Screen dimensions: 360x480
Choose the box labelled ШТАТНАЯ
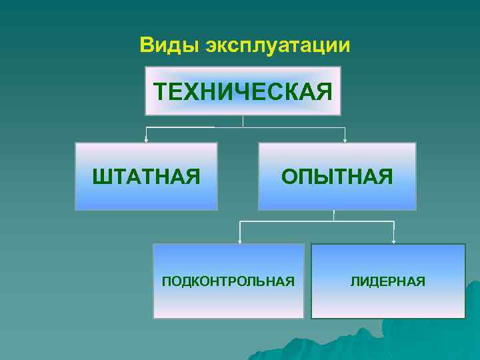[x=146, y=193]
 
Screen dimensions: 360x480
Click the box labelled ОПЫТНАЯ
[x=337, y=193]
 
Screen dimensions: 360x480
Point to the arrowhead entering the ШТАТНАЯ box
[x=146, y=139]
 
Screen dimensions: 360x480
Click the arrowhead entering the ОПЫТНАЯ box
[x=345, y=139]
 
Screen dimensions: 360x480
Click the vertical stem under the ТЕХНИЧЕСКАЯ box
[x=243, y=121]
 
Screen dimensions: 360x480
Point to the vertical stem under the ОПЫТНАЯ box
[x=334, y=215]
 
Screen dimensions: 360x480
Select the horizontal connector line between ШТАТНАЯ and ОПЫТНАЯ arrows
[x=293, y=127]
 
